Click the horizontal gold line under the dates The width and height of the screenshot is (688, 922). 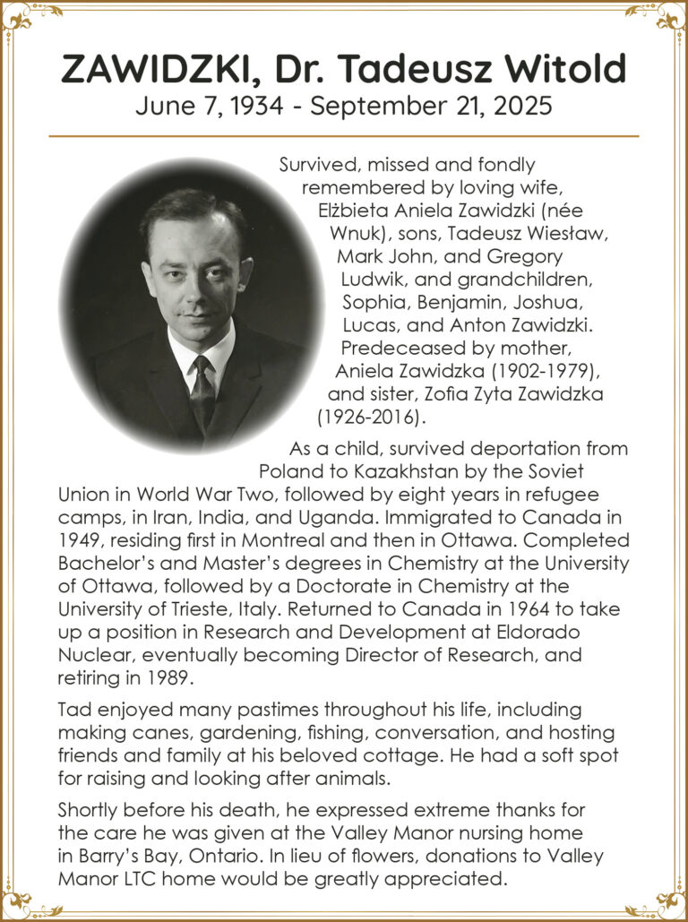(x=344, y=136)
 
